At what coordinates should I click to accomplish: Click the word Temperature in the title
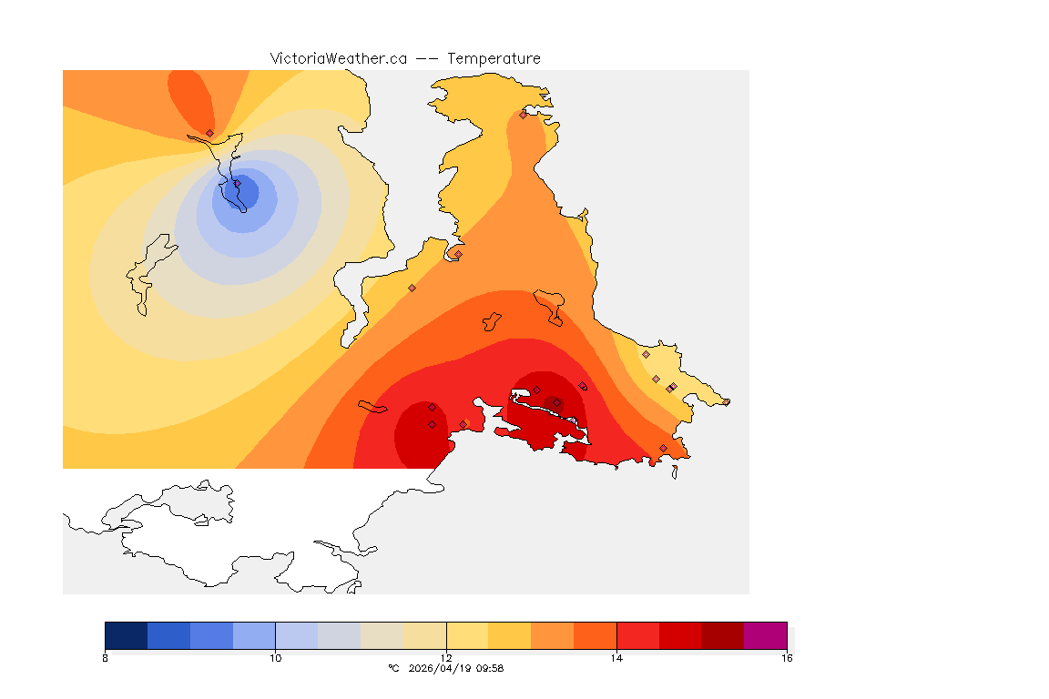(494, 58)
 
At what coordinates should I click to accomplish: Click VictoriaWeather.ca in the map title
(338, 58)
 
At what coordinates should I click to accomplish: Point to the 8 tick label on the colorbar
(106, 658)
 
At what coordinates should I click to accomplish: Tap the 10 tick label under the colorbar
(275, 658)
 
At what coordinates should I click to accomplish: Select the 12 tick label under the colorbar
(446, 658)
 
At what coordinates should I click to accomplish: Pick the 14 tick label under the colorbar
(616, 658)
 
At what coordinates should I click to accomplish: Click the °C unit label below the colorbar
(393, 668)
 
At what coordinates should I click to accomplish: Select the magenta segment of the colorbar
(765, 634)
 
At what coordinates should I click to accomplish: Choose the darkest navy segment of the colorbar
(127, 634)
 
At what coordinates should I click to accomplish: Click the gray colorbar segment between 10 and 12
(340, 634)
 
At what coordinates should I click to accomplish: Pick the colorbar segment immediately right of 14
(637, 634)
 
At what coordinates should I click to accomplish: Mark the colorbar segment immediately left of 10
(254, 634)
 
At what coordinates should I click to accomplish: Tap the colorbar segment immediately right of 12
(467, 634)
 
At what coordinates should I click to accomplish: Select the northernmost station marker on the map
(523, 115)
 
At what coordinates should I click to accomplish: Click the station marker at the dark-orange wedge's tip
(209, 133)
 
